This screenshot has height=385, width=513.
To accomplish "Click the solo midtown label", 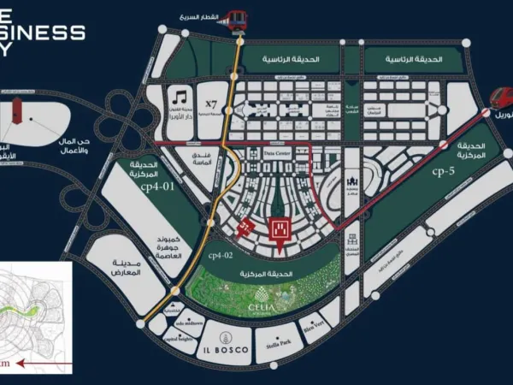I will pyautogui.click(x=190, y=325).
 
